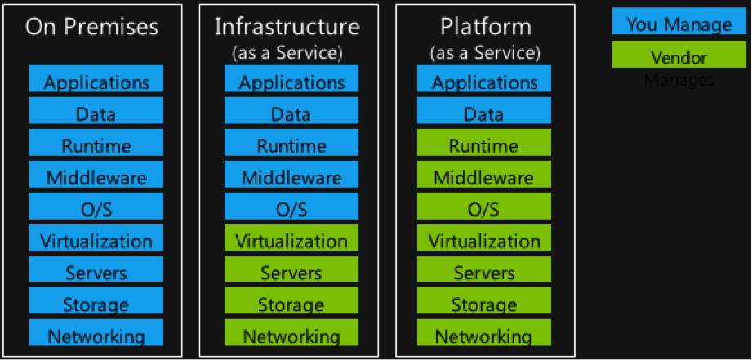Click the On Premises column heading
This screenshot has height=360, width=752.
click(x=91, y=28)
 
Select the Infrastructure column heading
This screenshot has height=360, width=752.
click(x=287, y=26)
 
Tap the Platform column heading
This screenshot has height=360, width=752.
click(x=484, y=26)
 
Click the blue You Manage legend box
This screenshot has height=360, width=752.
click(x=679, y=24)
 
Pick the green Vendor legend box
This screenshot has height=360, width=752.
click(x=679, y=58)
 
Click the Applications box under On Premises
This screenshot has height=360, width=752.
click(x=96, y=82)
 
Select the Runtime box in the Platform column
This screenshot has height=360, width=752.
click(x=484, y=145)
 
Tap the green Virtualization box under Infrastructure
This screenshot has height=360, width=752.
click(x=291, y=241)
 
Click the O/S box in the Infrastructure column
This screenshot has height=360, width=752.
click(x=291, y=209)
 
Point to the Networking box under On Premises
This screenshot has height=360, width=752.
click(x=96, y=336)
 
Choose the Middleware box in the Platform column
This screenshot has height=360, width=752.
click(x=484, y=177)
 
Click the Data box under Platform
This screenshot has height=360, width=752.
click(x=484, y=113)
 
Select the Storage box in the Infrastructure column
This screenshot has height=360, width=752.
click(x=291, y=304)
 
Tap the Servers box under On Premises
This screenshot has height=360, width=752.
click(x=96, y=272)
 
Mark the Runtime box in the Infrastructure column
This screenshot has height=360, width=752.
click(x=291, y=145)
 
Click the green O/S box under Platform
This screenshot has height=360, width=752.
click(x=484, y=209)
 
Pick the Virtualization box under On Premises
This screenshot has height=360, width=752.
click(x=96, y=241)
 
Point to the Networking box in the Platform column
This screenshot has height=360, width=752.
click(x=484, y=336)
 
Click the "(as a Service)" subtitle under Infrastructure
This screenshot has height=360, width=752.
click(x=287, y=54)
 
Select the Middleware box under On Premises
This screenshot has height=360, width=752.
click(x=96, y=177)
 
